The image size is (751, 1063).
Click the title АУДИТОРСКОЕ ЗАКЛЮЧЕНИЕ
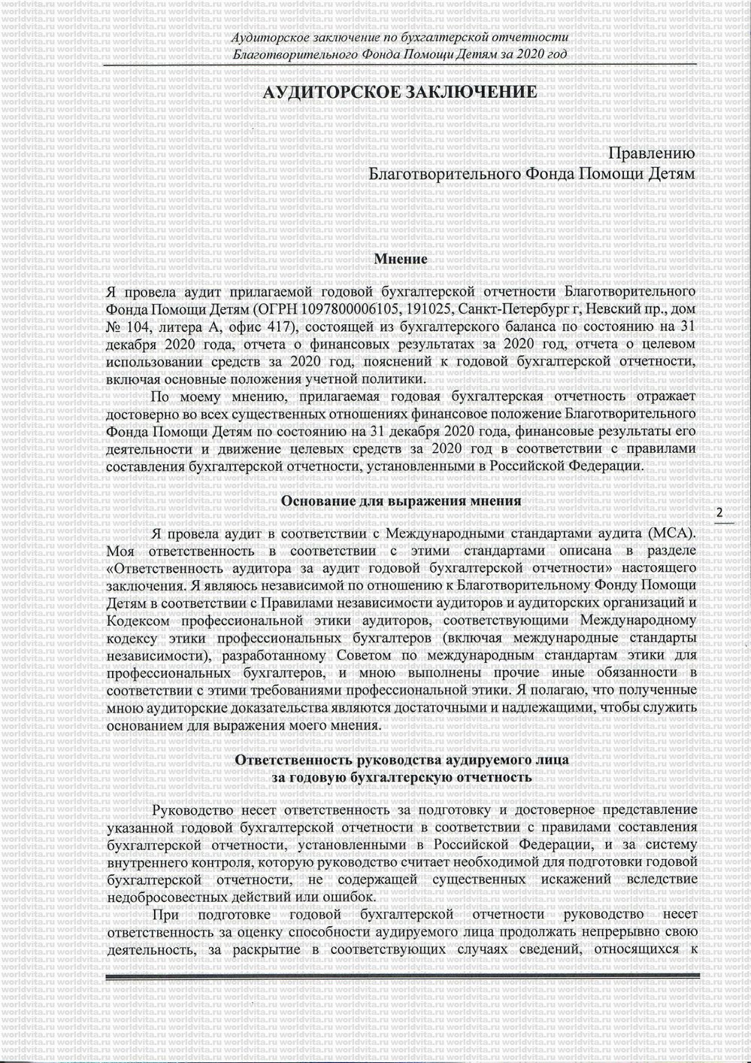[x=398, y=93]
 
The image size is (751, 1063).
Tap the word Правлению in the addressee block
[x=650, y=153]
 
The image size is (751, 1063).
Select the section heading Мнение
[x=401, y=260]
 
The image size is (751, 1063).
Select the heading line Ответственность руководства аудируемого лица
[x=402, y=761]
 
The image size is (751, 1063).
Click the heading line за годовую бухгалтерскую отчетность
[x=402, y=778]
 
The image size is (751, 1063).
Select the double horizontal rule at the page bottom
[x=402, y=979]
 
